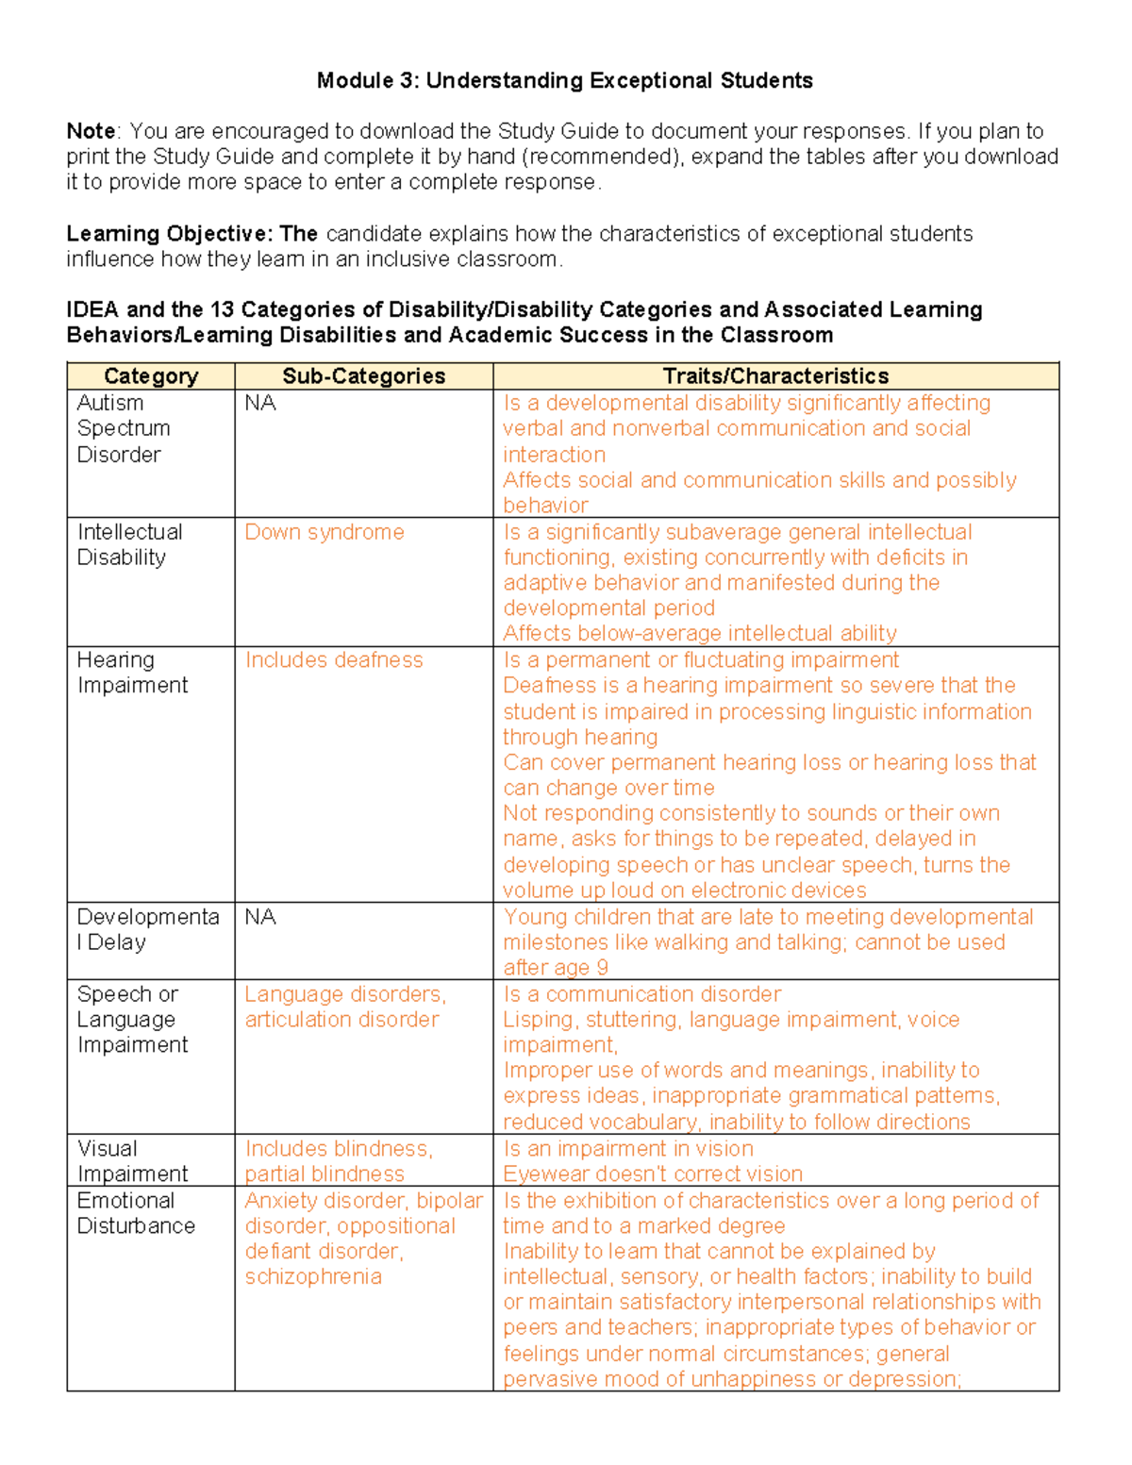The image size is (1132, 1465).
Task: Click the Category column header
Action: (151, 376)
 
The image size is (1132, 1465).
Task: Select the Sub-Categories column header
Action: (363, 376)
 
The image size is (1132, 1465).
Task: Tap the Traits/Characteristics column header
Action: (775, 376)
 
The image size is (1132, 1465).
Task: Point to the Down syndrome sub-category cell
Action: (325, 532)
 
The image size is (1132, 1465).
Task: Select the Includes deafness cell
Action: (334, 660)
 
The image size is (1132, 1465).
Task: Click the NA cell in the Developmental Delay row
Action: (260, 917)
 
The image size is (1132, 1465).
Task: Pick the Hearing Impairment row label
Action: (132, 673)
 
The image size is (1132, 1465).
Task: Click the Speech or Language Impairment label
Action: (132, 1020)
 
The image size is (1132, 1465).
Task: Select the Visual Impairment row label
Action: (132, 1161)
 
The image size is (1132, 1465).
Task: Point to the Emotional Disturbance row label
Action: (136, 1213)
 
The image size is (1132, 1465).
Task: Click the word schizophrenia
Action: (313, 1277)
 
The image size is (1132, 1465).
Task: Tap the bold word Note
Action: (91, 131)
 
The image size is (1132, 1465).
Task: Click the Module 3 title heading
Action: (564, 81)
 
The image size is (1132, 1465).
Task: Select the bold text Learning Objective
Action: (168, 234)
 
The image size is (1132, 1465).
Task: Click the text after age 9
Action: (556, 968)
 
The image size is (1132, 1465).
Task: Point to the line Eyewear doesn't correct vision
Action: (653, 1174)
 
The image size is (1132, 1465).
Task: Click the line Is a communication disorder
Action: (641, 994)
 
